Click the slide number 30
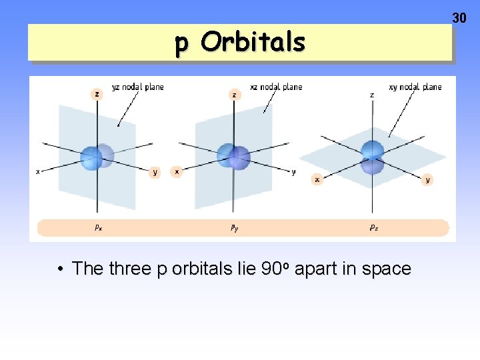[x=459, y=18]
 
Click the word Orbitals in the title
[x=253, y=43]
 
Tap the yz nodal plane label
[x=137, y=87]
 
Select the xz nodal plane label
[x=276, y=87]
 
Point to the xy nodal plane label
[x=415, y=87]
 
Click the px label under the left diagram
[x=98, y=227]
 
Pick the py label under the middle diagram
[x=235, y=227]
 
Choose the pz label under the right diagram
[x=374, y=227]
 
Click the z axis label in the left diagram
[x=97, y=94]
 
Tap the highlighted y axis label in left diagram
[x=155, y=172]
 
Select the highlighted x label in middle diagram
[x=177, y=171]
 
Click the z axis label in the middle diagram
[x=234, y=95]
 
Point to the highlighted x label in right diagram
[x=317, y=179]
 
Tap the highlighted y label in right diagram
[x=427, y=179]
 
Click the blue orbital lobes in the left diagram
[x=97, y=157]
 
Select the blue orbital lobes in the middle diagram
[x=233, y=157]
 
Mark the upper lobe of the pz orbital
[x=372, y=149]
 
